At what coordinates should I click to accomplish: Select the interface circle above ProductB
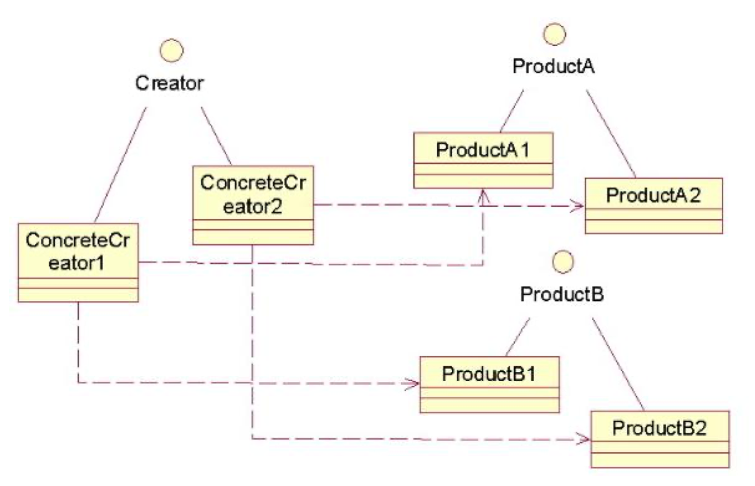pos(563,260)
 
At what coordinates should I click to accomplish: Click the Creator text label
pos(170,84)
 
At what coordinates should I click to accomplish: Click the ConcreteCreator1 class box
pos(78,262)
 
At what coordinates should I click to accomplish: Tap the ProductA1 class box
pos(483,160)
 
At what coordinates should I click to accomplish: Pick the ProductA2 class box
pos(654,206)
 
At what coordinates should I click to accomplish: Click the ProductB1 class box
pos(489,384)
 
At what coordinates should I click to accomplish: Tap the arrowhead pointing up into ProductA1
pos(484,194)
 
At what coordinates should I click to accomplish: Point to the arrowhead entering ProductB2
pos(585,440)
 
